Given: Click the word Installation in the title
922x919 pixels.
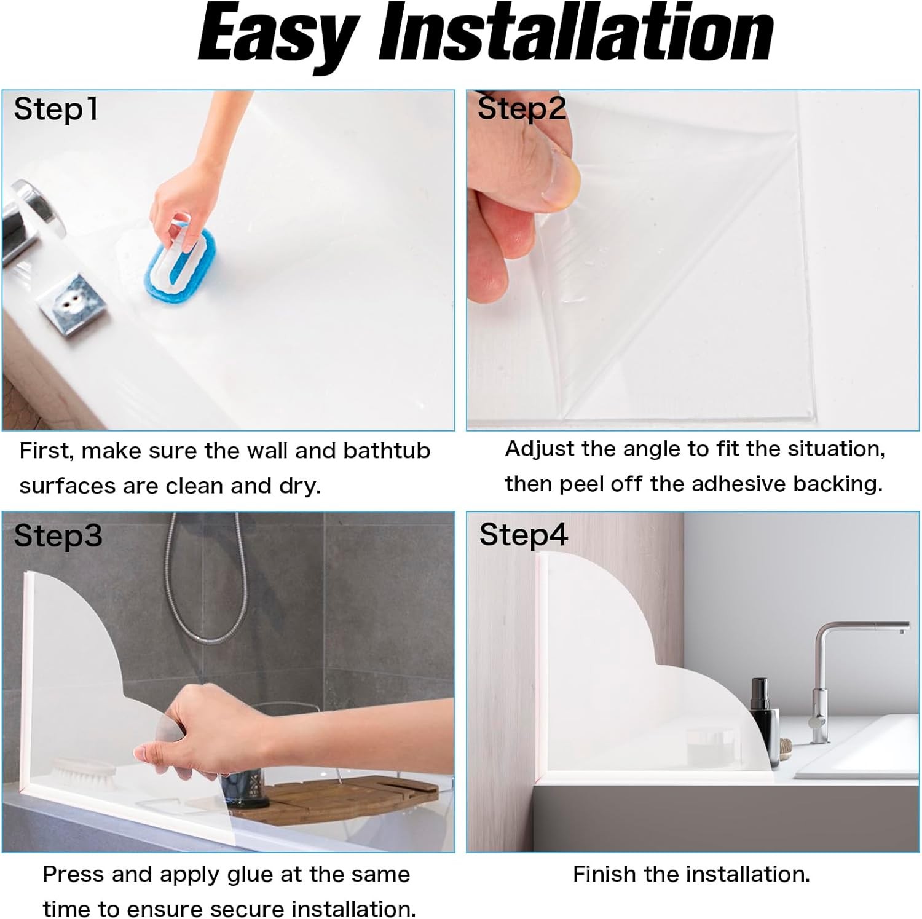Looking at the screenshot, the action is point(577,32).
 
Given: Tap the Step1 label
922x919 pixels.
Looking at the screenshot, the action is point(56,109).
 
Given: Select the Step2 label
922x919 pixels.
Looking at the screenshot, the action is point(522,109).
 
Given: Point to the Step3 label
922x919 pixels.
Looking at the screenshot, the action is point(58,535).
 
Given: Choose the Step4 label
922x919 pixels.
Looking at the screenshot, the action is point(524,535).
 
